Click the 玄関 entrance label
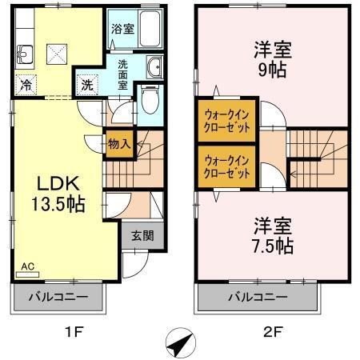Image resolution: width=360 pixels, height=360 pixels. tap(143, 235)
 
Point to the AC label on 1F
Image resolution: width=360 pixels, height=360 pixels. tap(27, 265)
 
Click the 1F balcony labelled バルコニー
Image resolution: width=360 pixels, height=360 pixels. tap(58, 298)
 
